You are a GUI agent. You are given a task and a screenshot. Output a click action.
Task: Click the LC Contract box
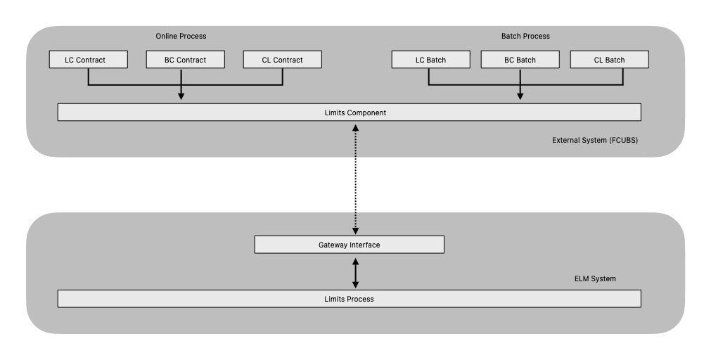click(x=89, y=60)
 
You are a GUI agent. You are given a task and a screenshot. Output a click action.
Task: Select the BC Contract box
click(x=186, y=60)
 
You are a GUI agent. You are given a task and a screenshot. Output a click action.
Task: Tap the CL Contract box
click(x=282, y=60)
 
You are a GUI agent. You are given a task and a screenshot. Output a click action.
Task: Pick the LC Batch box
click(x=430, y=60)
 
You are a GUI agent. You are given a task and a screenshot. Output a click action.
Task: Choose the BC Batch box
click(x=520, y=60)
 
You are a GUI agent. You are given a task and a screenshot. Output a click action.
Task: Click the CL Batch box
click(x=609, y=60)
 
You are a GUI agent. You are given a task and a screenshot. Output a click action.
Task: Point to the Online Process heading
click(x=181, y=36)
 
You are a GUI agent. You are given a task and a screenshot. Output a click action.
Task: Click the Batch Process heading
click(x=525, y=36)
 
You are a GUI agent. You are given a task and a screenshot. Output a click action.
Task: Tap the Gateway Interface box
click(x=349, y=245)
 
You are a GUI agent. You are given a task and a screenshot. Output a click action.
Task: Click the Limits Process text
click(x=349, y=299)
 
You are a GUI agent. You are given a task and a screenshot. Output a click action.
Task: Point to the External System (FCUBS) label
click(x=595, y=141)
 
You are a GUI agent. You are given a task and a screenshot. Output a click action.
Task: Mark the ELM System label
click(x=595, y=279)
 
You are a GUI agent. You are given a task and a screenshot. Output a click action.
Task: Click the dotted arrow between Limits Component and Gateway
click(x=355, y=179)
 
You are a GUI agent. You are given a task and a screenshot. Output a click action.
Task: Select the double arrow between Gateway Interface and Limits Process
click(x=355, y=271)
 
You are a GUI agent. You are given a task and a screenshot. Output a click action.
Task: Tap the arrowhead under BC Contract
click(x=181, y=96)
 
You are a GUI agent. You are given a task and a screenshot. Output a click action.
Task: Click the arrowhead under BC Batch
click(x=520, y=96)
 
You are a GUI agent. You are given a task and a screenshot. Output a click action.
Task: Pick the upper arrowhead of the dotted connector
click(x=355, y=127)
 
